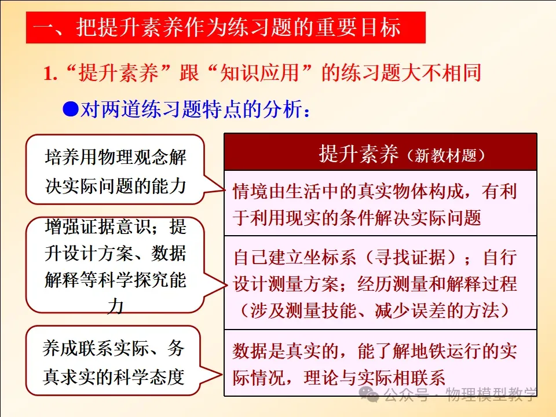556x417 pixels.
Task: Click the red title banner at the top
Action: tap(225, 28)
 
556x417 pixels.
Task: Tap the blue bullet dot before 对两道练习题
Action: tap(71, 109)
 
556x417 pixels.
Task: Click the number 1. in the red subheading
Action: tap(50, 74)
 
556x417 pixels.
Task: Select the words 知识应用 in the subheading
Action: tap(259, 73)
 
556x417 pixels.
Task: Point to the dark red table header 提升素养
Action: tap(381, 152)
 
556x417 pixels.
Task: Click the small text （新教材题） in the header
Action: tap(445, 155)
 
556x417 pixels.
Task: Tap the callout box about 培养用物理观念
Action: tap(115, 170)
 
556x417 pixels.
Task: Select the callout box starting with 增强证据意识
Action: tap(115, 265)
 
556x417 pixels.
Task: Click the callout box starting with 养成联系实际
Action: tap(113, 361)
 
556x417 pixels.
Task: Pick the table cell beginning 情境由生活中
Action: tap(381, 203)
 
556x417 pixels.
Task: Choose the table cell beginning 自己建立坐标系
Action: tap(381, 283)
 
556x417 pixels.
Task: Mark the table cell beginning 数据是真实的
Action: tap(381, 363)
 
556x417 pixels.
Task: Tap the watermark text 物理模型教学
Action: tap(491, 394)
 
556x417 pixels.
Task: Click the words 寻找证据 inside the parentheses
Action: tap(410, 257)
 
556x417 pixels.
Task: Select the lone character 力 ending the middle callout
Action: tap(115, 306)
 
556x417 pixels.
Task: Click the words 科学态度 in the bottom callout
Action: tap(149, 376)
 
